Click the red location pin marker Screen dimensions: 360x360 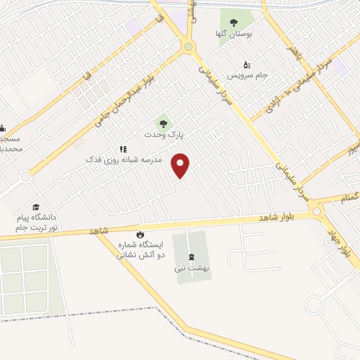coord(181,165)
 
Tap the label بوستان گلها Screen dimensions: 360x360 coord(233,33)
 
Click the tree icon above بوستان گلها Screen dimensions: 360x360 coord(233,22)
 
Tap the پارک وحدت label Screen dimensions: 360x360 coord(163,134)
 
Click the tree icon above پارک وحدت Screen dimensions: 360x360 coord(163,122)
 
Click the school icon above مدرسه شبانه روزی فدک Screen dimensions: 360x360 coord(124,149)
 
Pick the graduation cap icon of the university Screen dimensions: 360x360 coord(36,208)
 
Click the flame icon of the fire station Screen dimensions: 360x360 coord(140,234)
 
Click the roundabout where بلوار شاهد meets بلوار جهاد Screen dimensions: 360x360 coord(318,210)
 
